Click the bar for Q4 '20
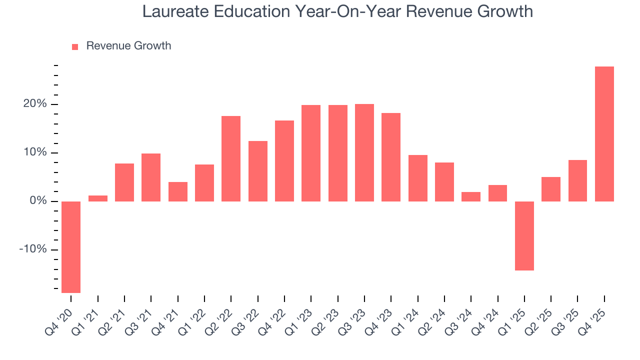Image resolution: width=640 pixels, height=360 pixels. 71,247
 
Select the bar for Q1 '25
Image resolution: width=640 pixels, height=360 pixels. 524,235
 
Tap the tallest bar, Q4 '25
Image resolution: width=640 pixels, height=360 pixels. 604,134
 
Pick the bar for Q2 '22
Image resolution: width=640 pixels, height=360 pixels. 231,158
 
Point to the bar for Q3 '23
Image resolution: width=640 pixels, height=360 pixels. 364,152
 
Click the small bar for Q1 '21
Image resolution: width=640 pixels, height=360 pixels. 98,198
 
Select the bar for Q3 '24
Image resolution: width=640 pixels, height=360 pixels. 471,196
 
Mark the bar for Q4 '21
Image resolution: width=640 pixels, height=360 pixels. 178,191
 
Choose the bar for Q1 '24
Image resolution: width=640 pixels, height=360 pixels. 418,178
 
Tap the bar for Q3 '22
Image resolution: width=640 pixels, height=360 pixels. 258,171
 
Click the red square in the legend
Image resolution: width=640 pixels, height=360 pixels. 75,46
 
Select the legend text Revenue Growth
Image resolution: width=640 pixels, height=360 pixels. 128,46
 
